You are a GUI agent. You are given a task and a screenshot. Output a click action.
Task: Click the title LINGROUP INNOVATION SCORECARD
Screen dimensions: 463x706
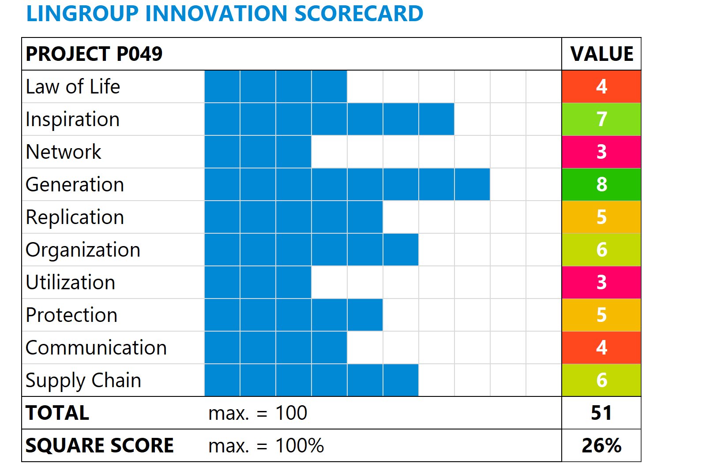point(225,14)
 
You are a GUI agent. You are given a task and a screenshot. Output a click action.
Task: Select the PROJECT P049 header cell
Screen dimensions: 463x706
point(94,54)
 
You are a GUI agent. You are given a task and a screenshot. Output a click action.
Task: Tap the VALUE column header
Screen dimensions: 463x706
point(601,54)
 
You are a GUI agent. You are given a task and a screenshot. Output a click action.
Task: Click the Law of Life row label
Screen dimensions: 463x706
point(73,86)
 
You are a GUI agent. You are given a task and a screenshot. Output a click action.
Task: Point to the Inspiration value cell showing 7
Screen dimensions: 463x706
point(601,119)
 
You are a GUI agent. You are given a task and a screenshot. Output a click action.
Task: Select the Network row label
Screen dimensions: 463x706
point(64,152)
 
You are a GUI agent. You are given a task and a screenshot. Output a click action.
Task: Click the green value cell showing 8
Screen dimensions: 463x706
point(601,184)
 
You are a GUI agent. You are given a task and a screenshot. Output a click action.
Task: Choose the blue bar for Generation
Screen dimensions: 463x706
point(347,184)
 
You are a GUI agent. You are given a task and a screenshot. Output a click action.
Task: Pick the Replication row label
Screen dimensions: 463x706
point(75,217)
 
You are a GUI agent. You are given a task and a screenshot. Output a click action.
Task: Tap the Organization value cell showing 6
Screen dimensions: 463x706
point(601,250)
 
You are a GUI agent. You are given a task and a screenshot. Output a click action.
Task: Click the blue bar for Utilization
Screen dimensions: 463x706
point(258,282)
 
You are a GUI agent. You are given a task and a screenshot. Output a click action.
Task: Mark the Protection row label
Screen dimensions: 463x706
point(71,315)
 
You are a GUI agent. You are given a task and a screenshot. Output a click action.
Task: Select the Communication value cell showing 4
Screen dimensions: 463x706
point(601,347)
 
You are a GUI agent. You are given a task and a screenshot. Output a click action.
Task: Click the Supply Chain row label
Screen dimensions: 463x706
point(83,380)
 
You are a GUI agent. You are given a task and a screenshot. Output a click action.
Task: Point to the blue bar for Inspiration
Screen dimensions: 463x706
point(329,119)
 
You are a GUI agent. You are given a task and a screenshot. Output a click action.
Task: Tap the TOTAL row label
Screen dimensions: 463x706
point(57,413)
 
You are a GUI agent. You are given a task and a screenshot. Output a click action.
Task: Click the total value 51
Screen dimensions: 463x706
point(601,413)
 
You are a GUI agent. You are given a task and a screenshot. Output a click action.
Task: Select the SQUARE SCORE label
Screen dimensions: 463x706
point(100,445)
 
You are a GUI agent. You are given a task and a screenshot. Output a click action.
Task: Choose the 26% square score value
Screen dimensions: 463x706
point(601,445)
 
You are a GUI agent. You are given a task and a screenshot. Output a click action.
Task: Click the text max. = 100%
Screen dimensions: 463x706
point(266,445)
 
